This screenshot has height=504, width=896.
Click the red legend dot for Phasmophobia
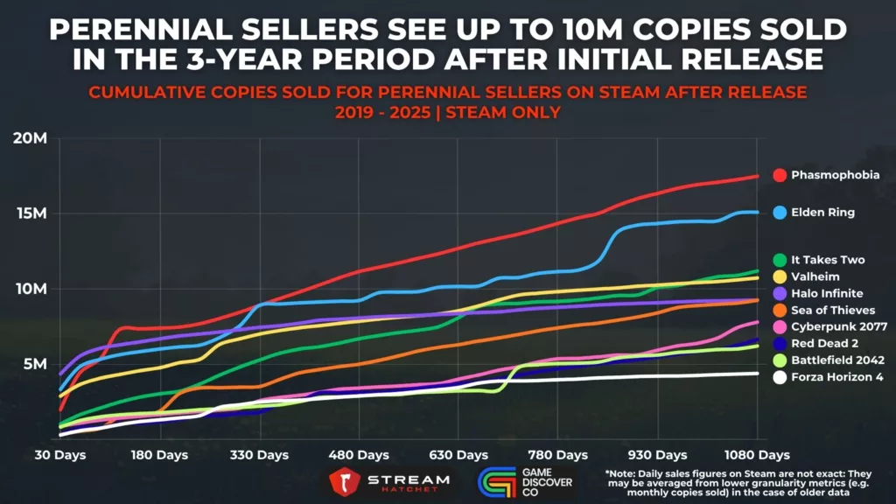pyautogui.click(x=779, y=175)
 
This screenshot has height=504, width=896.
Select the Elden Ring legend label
pyautogui.click(x=822, y=212)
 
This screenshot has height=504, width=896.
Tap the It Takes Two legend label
pyautogui.click(x=829, y=260)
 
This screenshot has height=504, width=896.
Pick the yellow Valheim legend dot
pyautogui.click(x=779, y=276)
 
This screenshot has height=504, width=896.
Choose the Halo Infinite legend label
pyautogui.click(x=828, y=293)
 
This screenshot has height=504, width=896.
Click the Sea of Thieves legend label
pyautogui.click(x=833, y=310)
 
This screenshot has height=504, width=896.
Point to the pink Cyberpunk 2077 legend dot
pyautogui.click(x=779, y=326)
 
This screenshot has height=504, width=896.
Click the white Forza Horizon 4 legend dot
pyautogui.click(x=779, y=376)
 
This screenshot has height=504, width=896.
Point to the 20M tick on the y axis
pyautogui.click(x=31, y=138)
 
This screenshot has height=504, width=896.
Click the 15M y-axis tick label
pyautogui.click(x=31, y=213)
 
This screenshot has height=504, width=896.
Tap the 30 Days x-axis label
pyautogui.click(x=59, y=455)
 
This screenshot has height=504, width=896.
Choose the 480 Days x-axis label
pyautogui.click(x=360, y=455)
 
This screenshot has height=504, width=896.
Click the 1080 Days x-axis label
pyautogui.click(x=758, y=455)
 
